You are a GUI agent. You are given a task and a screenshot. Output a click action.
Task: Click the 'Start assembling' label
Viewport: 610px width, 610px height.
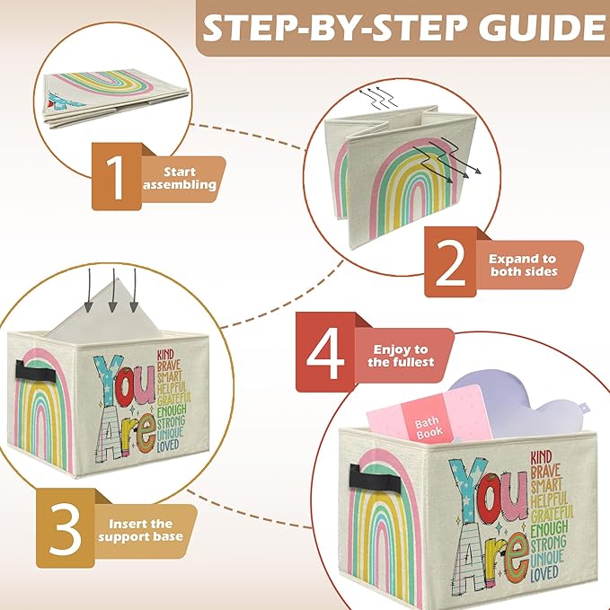click(x=190, y=178)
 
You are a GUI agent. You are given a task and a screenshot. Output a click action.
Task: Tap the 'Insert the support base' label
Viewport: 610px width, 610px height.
click(x=147, y=530)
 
